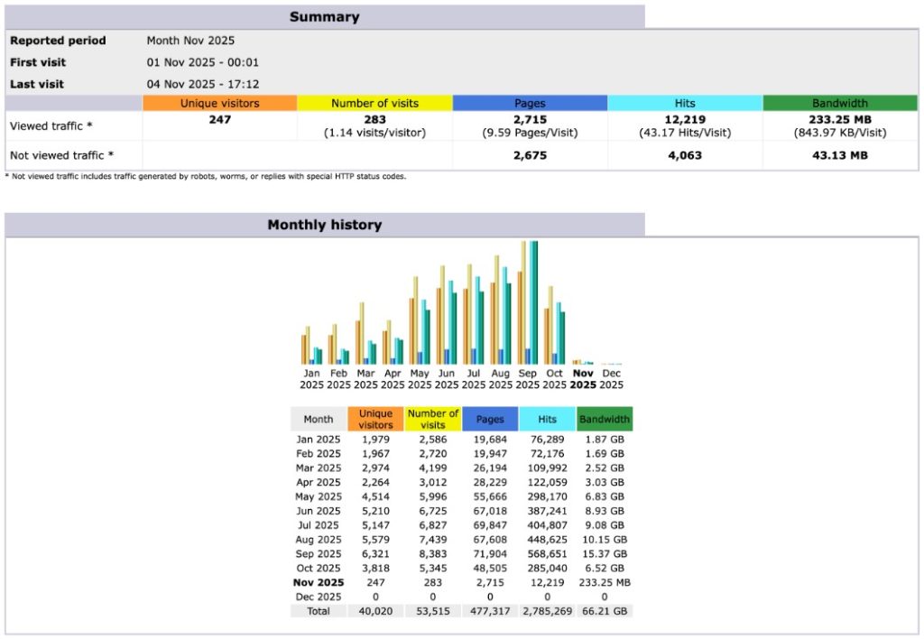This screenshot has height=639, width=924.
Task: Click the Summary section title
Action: [x=324, y=17]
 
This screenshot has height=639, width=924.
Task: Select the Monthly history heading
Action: [x=324, y=225]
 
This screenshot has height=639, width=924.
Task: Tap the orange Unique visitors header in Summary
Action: [x=219, y=103]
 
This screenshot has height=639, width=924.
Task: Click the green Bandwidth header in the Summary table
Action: [x=840, y=103]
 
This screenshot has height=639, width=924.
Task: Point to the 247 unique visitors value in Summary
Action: [x=219, y=119]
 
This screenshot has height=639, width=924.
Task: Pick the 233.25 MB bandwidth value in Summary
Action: [x=840, y=119]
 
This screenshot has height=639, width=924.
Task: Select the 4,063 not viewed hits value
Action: [x=685, y=155]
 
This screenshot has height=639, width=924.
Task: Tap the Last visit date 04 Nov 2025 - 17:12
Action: [x=203, y=84]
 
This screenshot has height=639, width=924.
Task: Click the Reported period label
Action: [x=58, y=41]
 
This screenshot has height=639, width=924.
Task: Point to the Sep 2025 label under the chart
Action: [x=528, y=379]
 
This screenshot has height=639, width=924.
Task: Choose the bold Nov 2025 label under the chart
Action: [x=584, y=379]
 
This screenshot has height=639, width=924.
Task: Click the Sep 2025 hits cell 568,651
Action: [x=547, y=554]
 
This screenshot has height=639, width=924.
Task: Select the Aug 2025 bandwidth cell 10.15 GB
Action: [x=605, y=540]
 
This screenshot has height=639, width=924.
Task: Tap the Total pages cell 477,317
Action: [x=490, y=611]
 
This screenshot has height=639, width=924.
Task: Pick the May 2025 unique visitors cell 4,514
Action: [x=375, y=496]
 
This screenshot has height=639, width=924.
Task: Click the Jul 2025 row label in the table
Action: [x=319, y=525]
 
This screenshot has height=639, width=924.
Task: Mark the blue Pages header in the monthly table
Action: [x=490, y=419]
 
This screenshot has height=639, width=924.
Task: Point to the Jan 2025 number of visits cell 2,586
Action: [x=433, y=440]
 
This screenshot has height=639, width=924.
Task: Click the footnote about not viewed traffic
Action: [x=206, y=176]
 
